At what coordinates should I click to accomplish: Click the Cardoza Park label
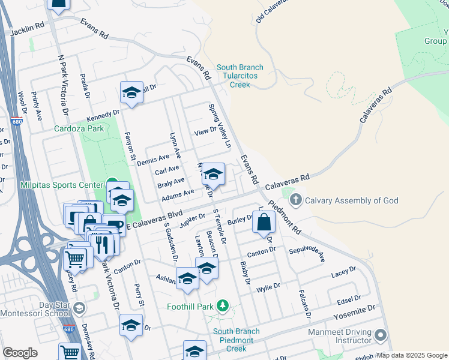pos(79,128)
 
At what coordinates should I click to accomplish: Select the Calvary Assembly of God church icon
pos(294,200)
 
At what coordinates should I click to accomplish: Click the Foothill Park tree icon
pos(223,306)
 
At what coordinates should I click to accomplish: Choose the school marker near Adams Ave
pos(212,175)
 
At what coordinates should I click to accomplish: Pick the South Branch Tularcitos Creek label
pos(240,76)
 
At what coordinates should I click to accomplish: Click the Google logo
pos(20,353)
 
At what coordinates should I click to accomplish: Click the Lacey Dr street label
pos(343,274)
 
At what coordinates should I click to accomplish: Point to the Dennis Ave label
pos(153,160)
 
